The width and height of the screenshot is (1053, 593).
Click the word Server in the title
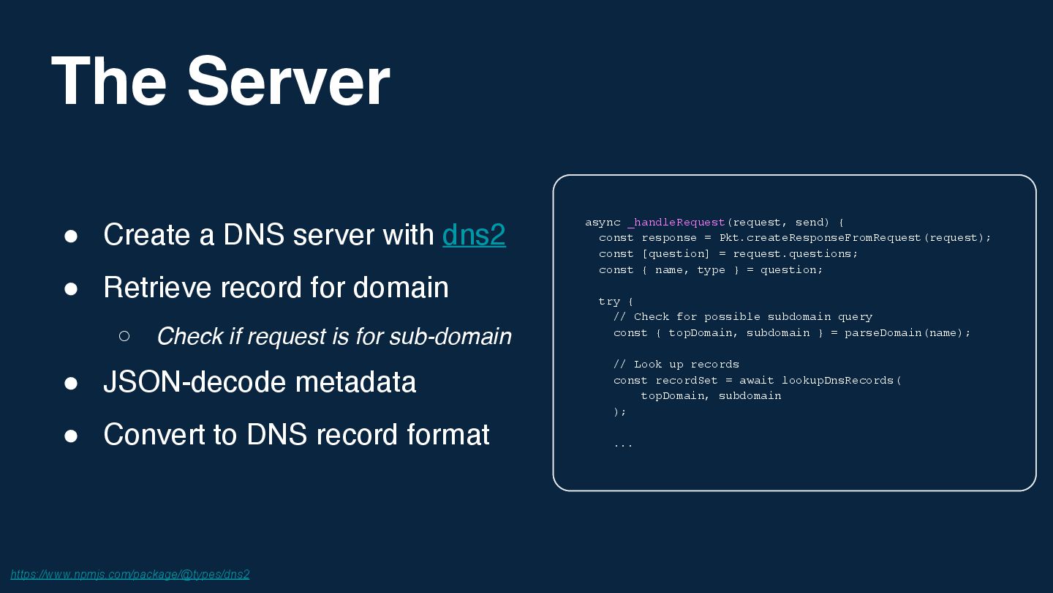click(288, 81)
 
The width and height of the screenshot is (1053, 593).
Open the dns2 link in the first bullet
click(474, 235)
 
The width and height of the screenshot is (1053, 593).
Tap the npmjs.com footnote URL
click(130, 574)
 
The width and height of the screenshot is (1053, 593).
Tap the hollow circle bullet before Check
click(124, 336)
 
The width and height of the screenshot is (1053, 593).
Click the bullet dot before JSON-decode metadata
click(71, 383)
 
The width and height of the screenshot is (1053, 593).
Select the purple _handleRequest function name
click(676, 223)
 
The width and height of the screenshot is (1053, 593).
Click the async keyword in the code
click(603, 223)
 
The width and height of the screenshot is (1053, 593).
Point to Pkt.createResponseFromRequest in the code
click(820, 238)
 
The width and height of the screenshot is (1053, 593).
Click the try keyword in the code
click(609, 302)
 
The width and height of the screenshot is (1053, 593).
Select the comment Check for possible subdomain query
click(743, 317)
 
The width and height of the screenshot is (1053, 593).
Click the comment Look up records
click(676, 365)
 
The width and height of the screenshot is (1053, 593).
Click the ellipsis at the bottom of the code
click(623, 444)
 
